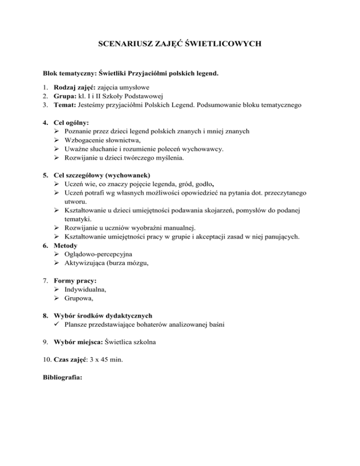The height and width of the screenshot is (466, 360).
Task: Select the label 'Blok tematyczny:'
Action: (71, 74)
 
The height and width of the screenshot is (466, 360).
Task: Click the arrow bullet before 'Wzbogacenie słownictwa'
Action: (57, 141)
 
